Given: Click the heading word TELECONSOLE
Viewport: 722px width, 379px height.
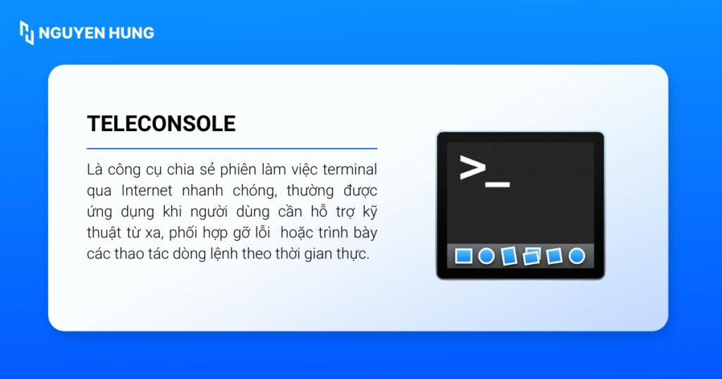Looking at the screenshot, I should (161, 124).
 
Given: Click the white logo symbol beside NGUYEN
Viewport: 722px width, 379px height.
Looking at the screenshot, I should (27, 32).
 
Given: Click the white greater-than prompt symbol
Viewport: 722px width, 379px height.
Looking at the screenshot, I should (472, 168).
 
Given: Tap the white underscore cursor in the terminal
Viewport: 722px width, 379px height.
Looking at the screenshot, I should (498, 185).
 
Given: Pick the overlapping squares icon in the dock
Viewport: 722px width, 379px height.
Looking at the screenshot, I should (532, 256).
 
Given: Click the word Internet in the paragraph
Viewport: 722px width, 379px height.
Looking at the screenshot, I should (145, 191).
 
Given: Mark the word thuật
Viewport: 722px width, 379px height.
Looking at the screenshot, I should (104, 233).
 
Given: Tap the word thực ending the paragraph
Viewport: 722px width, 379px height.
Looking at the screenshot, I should (354, 254).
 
